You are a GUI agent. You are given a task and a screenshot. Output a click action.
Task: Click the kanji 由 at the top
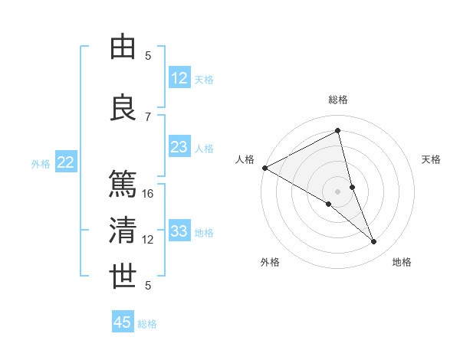point(123,47)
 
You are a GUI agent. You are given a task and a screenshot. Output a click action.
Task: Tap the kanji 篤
point(123,185)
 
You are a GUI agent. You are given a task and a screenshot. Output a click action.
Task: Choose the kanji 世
point(123,277)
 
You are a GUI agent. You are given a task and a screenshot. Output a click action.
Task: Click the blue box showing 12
point(179,78)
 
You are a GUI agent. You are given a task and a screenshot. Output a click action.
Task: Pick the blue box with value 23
point(179,148)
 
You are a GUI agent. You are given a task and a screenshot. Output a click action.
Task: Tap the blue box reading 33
point(179,231)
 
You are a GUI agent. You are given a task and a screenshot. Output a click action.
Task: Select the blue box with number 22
point(66,162)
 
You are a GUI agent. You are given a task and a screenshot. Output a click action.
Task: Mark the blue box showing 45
point(123,322)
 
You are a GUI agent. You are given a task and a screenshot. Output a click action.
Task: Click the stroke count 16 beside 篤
point(149,194)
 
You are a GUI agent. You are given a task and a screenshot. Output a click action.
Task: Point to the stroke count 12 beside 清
point(149,240)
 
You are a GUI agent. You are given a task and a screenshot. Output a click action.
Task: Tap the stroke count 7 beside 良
point(148,116)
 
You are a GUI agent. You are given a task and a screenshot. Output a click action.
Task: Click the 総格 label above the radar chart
point(338,100)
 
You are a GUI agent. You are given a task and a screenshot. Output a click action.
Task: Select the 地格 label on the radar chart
point(402,262)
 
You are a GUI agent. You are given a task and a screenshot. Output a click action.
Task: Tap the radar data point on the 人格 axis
point(264,168)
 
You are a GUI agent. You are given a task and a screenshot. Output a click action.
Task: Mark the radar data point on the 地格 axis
point(374,242)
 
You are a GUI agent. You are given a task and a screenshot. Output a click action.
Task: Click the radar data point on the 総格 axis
point(338,131)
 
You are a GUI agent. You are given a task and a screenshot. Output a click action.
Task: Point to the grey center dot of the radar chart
point(338,191)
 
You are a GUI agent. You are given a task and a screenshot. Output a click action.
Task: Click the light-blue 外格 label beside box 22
point(40,163)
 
